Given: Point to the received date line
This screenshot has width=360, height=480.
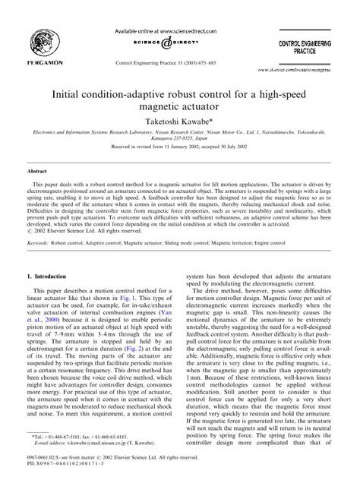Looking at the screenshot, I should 180,152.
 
